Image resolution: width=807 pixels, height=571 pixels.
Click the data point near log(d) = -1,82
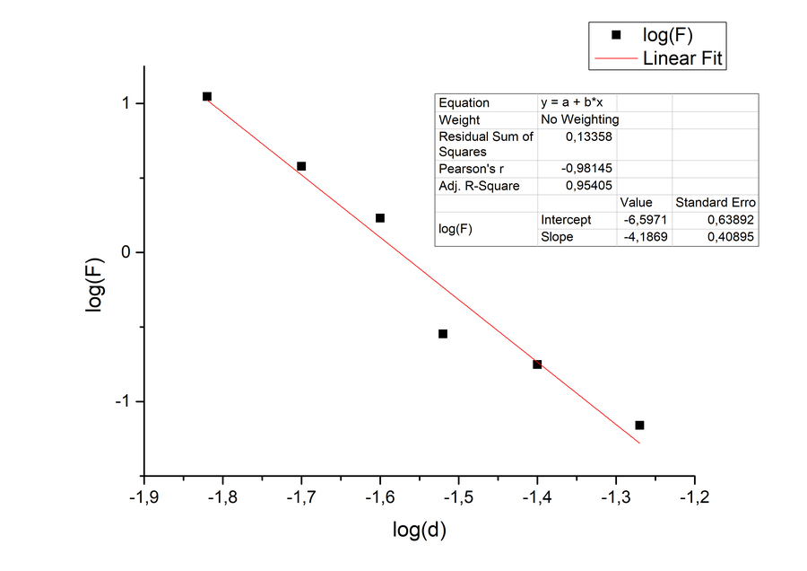pyautogui.click(x=207, y=96)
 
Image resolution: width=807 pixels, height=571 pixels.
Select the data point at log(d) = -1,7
pyautogui.click(x=301, y=166)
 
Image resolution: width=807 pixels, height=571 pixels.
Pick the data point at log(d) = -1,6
pyautogui.click(x=380, y=218)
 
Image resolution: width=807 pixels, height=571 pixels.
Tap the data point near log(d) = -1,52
pyautogui.click(x=443, y=334)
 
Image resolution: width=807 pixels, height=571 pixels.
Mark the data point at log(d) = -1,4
pyautogui.click(x=537, y=365)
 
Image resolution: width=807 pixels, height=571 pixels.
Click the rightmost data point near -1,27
pyautogui.click(x=639, y=425)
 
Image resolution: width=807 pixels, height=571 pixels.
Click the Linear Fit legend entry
pyautogui.click(x=683, y=59)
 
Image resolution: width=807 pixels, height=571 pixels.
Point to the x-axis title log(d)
pyautogui.click(x=419, y=531)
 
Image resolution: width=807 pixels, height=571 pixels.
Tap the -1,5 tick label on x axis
pyautogui.click(x=458, y=496)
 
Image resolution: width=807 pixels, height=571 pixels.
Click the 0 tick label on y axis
pyautogui.click(x=127, y=252)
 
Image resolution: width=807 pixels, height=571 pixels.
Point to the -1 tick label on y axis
pyautogui.click(x=122, y=401)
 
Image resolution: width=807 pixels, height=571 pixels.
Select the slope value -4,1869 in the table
pyautogui.click(x=646, y=237)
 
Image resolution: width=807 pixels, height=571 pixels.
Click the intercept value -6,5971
pyautogui.click(x=646, y=220)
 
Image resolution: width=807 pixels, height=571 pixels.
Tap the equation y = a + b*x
pyautogui.click(x=577, y=102)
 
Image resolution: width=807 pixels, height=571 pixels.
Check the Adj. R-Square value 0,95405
pyautogui.click(x=592, y=186)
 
